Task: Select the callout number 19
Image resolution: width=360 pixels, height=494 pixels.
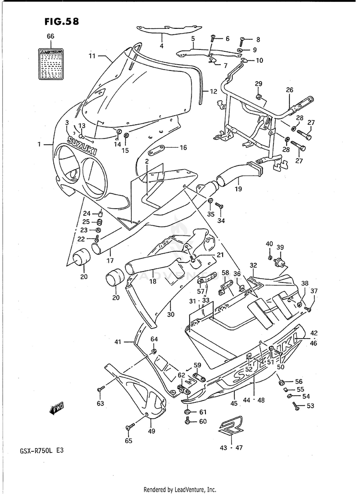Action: click(239, 189)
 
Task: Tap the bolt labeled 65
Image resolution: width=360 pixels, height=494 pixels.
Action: click(130, 426)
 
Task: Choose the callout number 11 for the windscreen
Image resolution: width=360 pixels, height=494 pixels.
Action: click(92, 56)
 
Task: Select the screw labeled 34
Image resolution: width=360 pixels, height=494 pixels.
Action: click(219, 206)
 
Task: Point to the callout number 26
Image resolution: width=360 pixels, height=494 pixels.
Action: click(289, 90)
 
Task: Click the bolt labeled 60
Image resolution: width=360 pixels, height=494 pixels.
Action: click(188, 421)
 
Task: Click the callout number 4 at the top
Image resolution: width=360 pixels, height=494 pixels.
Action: click(162, 46)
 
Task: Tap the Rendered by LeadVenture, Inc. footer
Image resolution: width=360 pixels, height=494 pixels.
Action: click(180, 489)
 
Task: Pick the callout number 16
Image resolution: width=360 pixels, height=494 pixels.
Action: click(182, 148)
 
